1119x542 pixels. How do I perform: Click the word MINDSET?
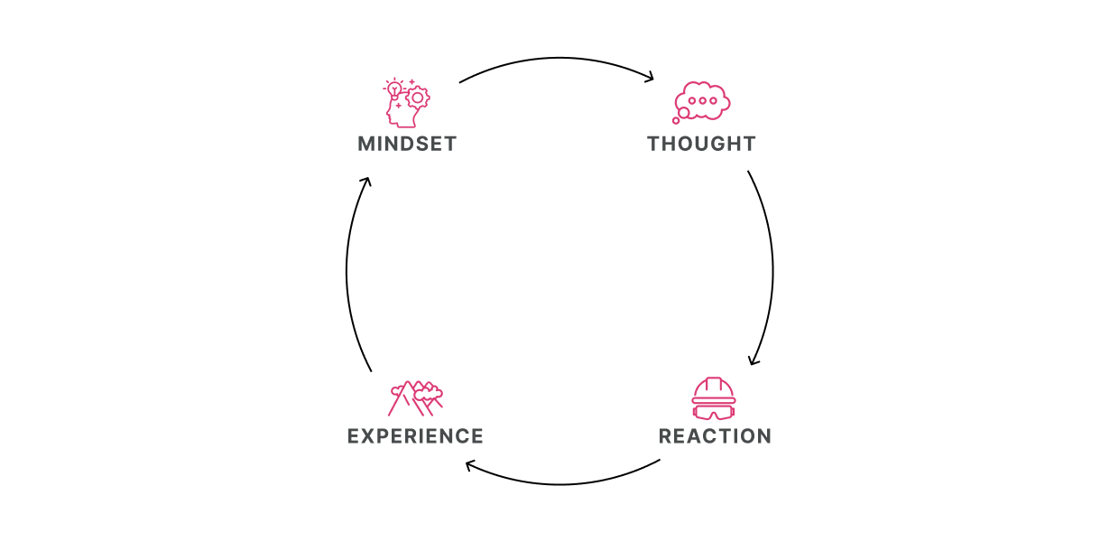(407, 144)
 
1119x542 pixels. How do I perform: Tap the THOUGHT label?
(701, 144)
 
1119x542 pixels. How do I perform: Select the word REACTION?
(715, 436)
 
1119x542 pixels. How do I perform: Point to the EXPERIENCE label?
(415, 436)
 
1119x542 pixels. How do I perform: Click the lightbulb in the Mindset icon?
(393, 89)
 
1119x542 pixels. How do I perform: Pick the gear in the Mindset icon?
(417, 98)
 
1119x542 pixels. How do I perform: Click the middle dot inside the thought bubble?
(702, 100)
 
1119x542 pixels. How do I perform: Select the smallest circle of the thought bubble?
(676, 120)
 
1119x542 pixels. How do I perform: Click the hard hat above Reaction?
(714, 390)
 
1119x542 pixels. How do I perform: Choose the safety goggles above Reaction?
(714, 412)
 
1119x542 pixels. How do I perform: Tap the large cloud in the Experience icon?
(430, 391)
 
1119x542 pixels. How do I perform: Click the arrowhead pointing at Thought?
(649, 79)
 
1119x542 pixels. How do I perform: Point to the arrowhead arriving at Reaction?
(754, 360)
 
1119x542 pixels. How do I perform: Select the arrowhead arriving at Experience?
(470, 465)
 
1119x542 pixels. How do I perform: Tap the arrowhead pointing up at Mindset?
(365, 182)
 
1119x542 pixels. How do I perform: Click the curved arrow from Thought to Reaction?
(772, 266)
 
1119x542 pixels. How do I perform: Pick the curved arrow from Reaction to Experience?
(559, 484)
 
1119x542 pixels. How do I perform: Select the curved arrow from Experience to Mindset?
(347, 271)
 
